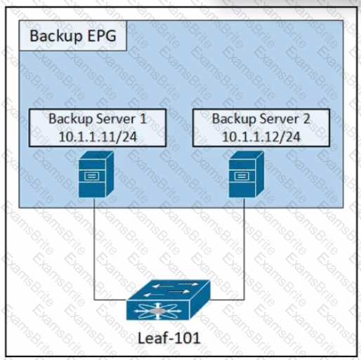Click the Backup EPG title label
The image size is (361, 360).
pyautogui.click(x=73, y=36)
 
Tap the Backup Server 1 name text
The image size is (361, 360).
pyautogui.click(x=98, y=119)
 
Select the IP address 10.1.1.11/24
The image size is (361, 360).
pyautogui.click(x=98, y=137)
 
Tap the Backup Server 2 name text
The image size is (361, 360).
pyautogui.click(x=261, y=119)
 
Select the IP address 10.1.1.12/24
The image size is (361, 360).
pyautogui.click(x=261, y=137)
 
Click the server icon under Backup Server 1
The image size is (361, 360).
pyautogui.click(x=96, y=174)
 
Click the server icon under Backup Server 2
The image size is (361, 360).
pyautogui.click(x=247, y=174)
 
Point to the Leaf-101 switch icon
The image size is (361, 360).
pyautogui.click(x=169, y=300)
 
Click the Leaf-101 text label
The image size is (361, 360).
pyautogui.click(x=169, y=338)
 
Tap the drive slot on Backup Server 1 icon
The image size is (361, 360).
pyautogui.click(x=92, y=176)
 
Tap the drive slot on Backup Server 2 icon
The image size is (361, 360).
pyautogui.click(x=242, y=176)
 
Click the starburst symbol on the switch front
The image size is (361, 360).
pyautogui.click(x=158, y=311)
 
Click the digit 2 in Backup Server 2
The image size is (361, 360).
pyautogui.click(x=306, y=119)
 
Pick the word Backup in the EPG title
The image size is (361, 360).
pyautogui.click(x=56, y=36)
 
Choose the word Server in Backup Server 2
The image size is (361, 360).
pyautogui.click(x=280, y=119)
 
